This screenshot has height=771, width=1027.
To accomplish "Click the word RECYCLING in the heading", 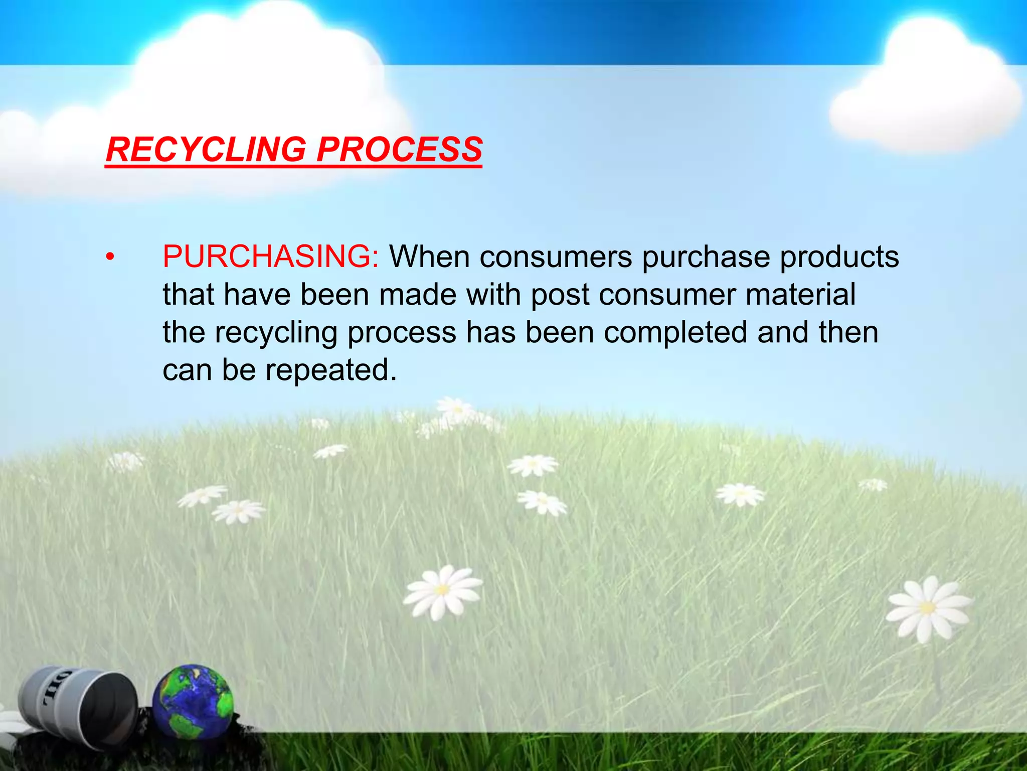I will tap(206, 150).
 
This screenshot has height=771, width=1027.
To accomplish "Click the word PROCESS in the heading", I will tap(399, 150).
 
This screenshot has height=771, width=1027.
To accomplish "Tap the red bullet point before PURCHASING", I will tap(110, 258).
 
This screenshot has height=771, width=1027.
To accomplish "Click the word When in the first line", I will tap(430, 257).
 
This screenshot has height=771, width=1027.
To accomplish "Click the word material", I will tap(800, 295).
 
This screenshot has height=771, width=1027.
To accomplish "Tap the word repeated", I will tap(331, 371).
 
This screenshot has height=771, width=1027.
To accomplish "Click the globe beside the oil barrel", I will tap(193, 702).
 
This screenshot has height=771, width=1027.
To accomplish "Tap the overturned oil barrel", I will tap(78, 708).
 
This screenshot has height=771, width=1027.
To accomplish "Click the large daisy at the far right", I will tap(928, 608).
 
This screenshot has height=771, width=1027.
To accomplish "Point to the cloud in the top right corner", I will tap(925, 85).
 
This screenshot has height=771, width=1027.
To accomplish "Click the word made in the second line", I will tap(418, 295).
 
